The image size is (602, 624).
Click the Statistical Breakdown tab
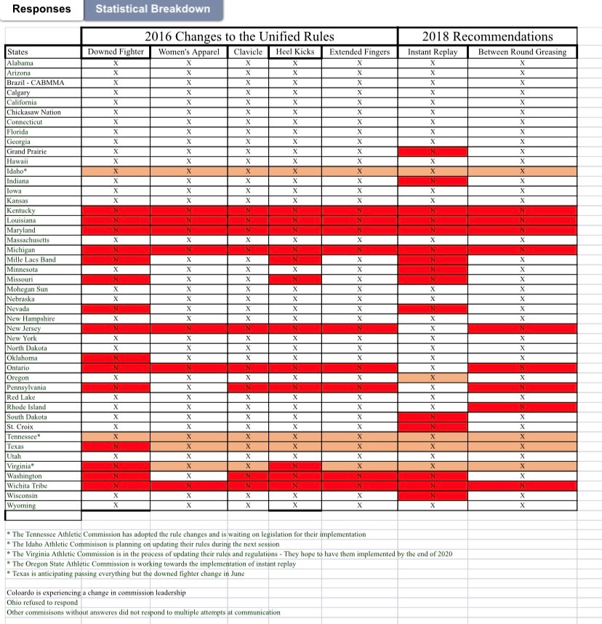coord(153,9)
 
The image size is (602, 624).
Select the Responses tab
coord(41,9)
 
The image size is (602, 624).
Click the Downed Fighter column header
coord(116,52)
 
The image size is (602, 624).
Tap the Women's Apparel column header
coord(188,52)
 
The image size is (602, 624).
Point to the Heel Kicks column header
coord(294,52)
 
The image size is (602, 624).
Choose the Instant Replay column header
coord(433,52)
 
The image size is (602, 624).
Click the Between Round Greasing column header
coord(521,52)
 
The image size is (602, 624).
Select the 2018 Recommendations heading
coord(487,36)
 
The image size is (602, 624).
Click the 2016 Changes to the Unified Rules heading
coord(239,36)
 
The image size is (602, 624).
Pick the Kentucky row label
coord(21,210)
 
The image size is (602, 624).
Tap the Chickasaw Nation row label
coord(33,112)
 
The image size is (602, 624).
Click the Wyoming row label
coord(21,505)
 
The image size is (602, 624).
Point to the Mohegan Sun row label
coord(28,289)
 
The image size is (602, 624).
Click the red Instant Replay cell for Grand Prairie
coord(433,151)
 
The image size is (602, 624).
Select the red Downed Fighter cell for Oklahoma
coord(116,358)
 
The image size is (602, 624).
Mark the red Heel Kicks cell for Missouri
coord(294,279)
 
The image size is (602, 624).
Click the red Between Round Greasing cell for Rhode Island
coord(521,407)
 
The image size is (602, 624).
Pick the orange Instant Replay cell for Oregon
coord(433,377)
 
